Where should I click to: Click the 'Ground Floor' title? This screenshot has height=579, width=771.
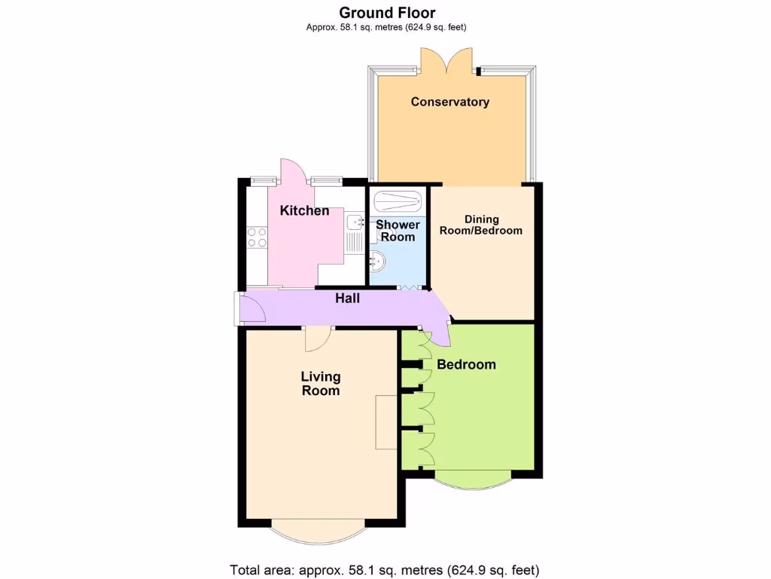[387, 12]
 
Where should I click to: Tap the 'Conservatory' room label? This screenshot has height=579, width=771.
[449, 102]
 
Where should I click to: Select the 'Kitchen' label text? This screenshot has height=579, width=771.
[304, 210]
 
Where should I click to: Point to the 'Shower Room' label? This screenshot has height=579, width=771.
[398, 231]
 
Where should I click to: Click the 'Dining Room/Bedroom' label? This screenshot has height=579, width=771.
[481, 225]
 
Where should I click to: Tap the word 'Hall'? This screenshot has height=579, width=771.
[347, 299]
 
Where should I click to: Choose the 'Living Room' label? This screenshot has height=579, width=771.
[321, 383]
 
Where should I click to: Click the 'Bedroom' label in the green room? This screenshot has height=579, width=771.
[466, 365]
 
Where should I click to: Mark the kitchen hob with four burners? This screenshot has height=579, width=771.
[257, 237]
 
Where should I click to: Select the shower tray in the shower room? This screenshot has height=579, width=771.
[398, 201]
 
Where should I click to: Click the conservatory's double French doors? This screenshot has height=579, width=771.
[448, 61]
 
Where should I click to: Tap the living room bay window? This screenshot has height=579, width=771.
[318, 531]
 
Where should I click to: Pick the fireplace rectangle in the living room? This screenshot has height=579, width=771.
[386, 421]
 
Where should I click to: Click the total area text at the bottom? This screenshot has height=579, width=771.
[384, 569]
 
